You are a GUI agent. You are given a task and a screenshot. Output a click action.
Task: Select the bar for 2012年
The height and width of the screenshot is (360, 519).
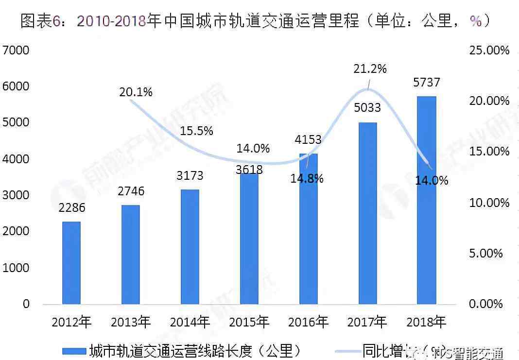[71, 263]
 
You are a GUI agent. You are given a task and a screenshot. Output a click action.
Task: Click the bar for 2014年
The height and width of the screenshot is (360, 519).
[190, 247]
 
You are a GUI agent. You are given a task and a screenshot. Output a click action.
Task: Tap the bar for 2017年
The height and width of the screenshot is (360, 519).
[368, 213]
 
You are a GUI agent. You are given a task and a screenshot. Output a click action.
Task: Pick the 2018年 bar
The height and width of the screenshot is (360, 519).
[427, 200]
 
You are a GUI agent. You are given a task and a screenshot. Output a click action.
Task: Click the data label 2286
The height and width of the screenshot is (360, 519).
[72, 208]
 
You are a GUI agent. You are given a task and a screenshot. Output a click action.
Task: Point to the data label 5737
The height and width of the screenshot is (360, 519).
[426, 83]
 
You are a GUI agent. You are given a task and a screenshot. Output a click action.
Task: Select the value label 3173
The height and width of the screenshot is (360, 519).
[190, 175]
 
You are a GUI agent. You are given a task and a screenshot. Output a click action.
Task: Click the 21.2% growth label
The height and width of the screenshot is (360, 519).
[370, 69]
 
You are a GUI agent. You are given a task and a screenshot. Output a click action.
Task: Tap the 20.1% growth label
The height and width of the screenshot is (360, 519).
[136, 92]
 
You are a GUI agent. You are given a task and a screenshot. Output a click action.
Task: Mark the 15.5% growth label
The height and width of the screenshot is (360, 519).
[196, 131]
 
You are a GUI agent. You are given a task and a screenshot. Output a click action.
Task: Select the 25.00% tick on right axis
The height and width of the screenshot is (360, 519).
[489, 50]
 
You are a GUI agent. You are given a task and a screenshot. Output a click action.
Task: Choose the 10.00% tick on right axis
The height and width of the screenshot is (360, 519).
[489, 203]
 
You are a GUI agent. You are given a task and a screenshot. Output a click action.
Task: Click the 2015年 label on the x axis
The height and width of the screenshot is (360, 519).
[249, 322]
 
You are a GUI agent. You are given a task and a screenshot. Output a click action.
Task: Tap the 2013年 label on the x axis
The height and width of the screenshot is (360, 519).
[131, 322]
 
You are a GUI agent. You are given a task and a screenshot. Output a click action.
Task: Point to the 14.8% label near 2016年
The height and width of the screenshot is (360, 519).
[307, 178]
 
